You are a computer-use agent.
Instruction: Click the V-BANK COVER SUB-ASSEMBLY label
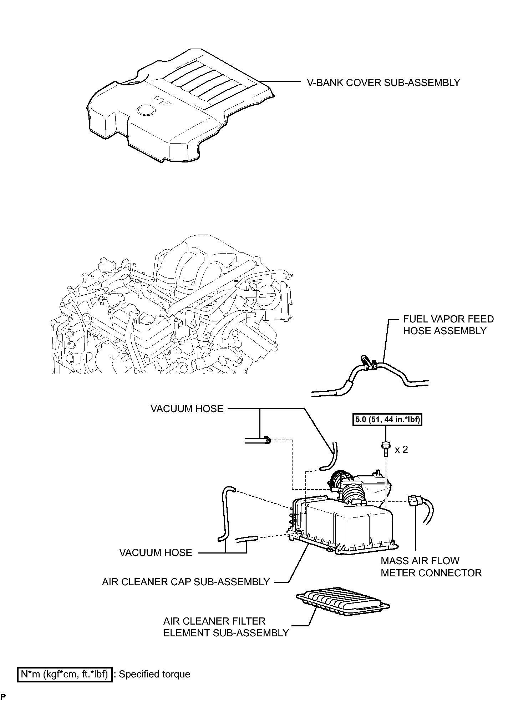tap(383, 83)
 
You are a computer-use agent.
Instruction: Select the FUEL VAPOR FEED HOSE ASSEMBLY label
tap(448, 325)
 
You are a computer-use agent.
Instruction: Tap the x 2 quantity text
tap(401, 450)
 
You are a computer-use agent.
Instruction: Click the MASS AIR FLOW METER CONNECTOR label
tap(431, 567)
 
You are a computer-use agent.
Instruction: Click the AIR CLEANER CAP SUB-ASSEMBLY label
tap(186, 582)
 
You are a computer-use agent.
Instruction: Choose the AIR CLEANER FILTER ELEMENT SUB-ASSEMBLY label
tap(226, 627)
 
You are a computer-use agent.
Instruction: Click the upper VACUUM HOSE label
tap(187, 409)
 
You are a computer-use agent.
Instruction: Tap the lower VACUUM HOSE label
tap(156, 553)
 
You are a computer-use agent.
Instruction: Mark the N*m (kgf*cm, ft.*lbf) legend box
tap(65, 674)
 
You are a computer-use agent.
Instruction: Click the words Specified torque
tap(154, 674)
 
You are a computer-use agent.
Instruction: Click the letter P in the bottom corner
tap(3, 697)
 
